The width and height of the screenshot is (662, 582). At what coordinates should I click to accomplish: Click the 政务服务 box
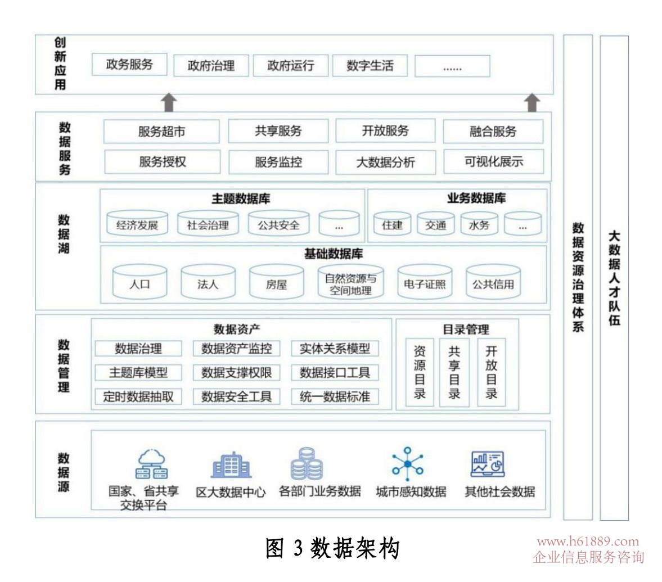click(x=130, y=65)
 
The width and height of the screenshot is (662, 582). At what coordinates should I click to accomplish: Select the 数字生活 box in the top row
click(x=370, y=66)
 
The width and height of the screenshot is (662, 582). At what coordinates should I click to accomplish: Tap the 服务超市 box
click(x=161, y=132)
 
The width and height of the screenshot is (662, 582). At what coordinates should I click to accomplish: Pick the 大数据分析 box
click(x=385, y=163)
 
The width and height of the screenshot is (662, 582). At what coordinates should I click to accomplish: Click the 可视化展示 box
click(x=493, y=162)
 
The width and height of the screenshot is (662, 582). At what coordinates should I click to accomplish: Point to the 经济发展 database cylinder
click(x=137, y=224)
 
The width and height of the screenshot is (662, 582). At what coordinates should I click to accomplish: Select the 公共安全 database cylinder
click(x=278, y=224)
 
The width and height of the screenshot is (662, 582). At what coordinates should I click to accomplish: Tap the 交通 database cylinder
click(x=436, y=224)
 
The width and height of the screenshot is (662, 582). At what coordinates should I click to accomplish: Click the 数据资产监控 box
click(x=236, y=349)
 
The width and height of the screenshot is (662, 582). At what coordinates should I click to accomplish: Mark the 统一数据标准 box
click(x=335, y=396)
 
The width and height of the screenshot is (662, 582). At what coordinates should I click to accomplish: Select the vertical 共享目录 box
click(x=454, y=372)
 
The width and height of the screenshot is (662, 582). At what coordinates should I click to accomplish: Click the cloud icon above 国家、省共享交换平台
click(x=151, y=463)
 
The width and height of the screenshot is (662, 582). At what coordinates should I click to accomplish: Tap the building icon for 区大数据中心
click(x=231, y=465)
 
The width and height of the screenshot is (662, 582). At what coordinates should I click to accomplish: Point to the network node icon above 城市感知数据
click(x=408, y=464)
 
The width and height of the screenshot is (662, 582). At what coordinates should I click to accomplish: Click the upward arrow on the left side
click(x=169, y=103)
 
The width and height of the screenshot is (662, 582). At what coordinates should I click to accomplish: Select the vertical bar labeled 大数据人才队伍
click(x=614, y=278)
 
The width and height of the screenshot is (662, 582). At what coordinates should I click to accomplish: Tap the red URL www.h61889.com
click(x=588, y=542)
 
